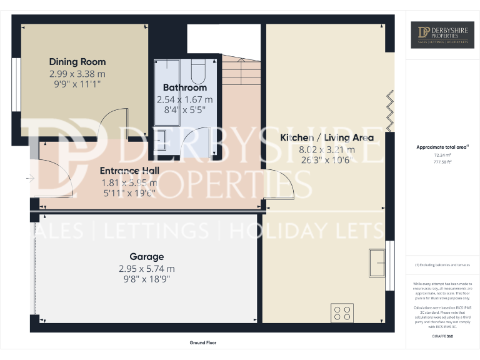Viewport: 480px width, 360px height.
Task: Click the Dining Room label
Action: [x=77, y=62]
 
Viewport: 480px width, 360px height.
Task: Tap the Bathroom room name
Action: [x=184, y=87]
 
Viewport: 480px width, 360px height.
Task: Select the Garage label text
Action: [x=147, y=257]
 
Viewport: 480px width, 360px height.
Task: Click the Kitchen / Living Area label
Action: [x=327, y=137]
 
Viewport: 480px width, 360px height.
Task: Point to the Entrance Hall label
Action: [x=130, y=171]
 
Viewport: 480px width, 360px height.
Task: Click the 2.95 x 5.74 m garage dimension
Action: [x=147, y=269]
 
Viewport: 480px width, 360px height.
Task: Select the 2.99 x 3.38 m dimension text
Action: [x=77, y=73]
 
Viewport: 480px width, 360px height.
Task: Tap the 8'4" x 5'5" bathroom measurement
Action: [x=184, y=109]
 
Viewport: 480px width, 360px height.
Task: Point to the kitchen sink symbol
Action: [x=377, y=262]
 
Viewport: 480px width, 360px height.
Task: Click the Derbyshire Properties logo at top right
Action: [x=442, y=35]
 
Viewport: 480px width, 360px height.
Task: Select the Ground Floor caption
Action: [x=203, y=342]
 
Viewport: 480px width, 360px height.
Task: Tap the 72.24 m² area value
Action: [x=442, y=154]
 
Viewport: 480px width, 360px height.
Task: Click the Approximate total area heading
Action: [x=442, y=147]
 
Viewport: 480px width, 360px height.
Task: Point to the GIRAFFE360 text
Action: [x=442, y=337]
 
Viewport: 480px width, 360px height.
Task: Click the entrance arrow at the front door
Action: [x=30, y=178]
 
